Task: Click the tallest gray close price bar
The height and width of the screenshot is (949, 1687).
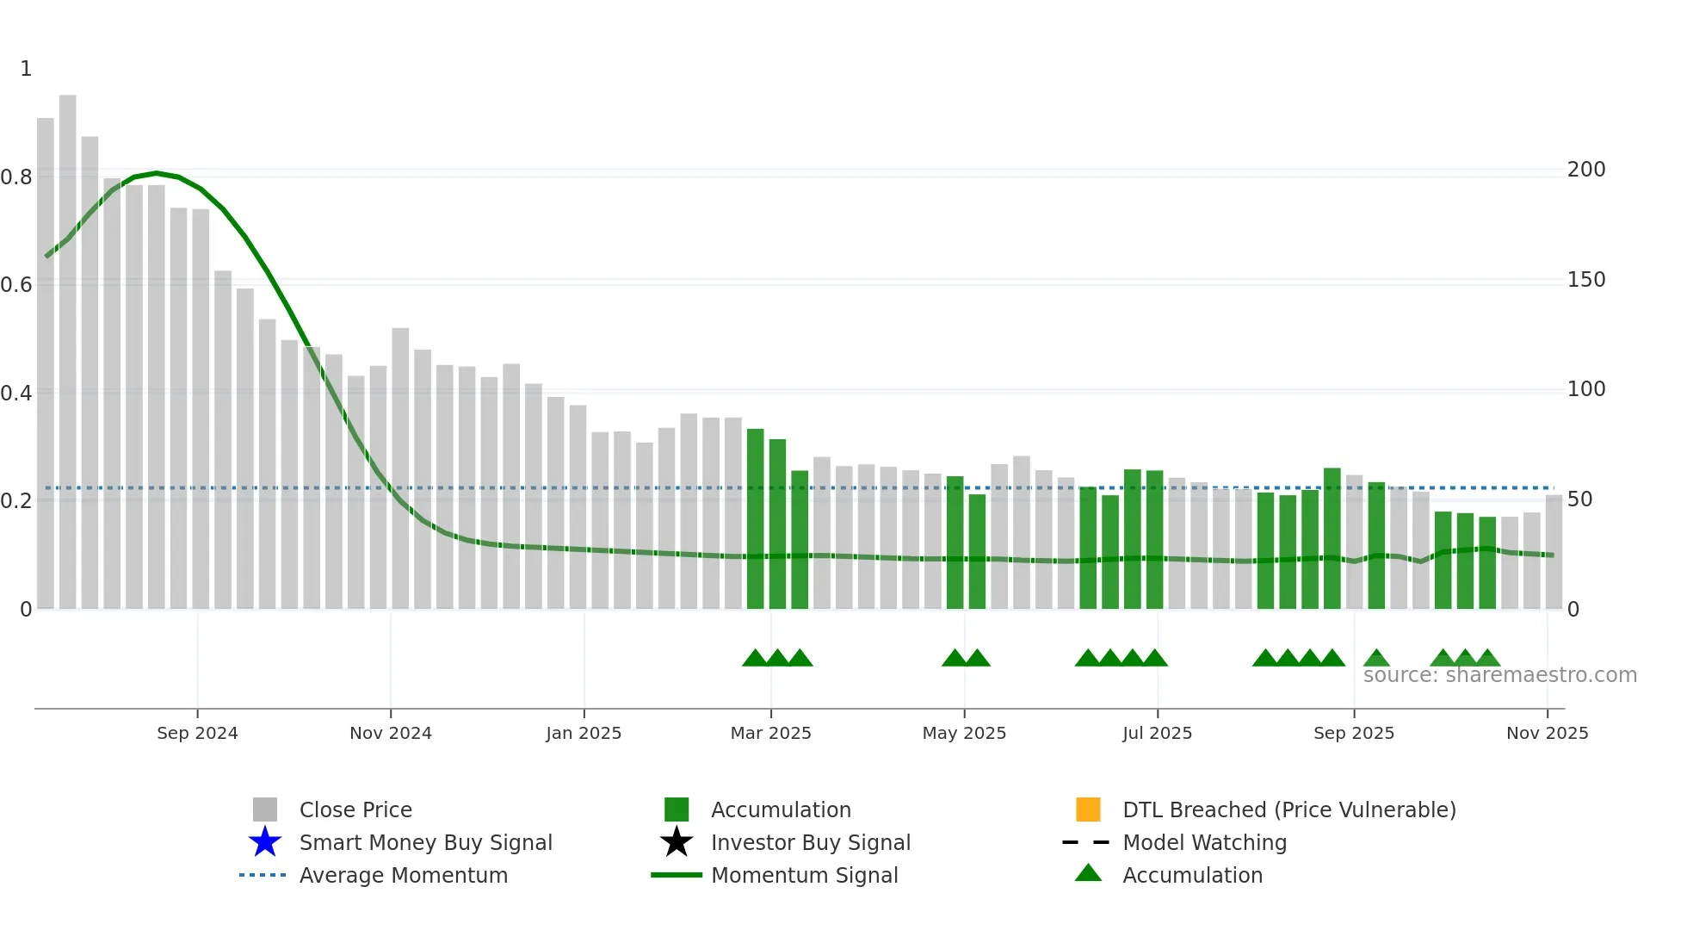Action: coord(67,344)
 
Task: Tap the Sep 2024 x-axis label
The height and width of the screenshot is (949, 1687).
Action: coord(197,733)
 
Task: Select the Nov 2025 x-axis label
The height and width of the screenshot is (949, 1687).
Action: coord(1547,733)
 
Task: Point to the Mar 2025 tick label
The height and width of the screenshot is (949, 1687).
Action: coord(770,733)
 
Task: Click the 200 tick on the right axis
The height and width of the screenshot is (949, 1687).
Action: coord(1585,170)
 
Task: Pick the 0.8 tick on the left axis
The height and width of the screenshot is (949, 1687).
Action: coord(17,177)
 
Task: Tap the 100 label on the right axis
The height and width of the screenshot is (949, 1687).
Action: coord(1585,389)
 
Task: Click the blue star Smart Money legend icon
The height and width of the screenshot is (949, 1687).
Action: coord(265,842)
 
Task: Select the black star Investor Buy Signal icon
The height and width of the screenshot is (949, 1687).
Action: coord(677,842)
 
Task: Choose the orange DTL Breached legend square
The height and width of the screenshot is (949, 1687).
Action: coord(1088,809)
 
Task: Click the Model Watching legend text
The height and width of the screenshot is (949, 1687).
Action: coord(1204,842)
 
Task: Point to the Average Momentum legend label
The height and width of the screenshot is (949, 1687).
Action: coord(403,875)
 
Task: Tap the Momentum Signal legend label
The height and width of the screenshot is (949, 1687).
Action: coord(804,875)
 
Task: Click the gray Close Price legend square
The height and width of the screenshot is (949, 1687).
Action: coord(265,809)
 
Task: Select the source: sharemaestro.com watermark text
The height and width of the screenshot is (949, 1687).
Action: coord(1499,675)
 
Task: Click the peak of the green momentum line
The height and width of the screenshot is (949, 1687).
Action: coord(157,173)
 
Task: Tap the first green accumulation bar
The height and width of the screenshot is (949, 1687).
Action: coord(755,517)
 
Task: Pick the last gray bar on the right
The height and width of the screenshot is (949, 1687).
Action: coord(1554,551)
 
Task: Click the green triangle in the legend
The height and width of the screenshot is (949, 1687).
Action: coord(1088,873)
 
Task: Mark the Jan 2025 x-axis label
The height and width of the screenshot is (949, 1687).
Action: coord(584,733)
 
